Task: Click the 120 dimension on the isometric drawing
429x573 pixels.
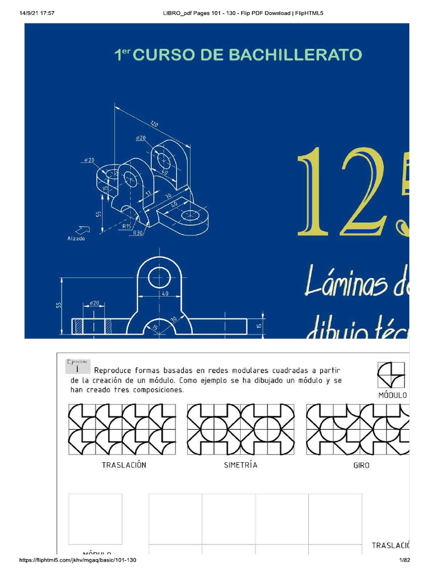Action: (x=154, y=124)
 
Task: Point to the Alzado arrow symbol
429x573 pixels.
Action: (x=83, y=229)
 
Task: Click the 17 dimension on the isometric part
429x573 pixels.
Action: (x=149, y=193)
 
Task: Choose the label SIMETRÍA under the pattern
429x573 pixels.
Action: (x=241, y=465)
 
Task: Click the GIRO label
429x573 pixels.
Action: (x=361, y=465)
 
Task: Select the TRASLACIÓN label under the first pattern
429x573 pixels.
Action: (x=124, y=465)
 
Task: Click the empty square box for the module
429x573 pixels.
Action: (x=95, y=515)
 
